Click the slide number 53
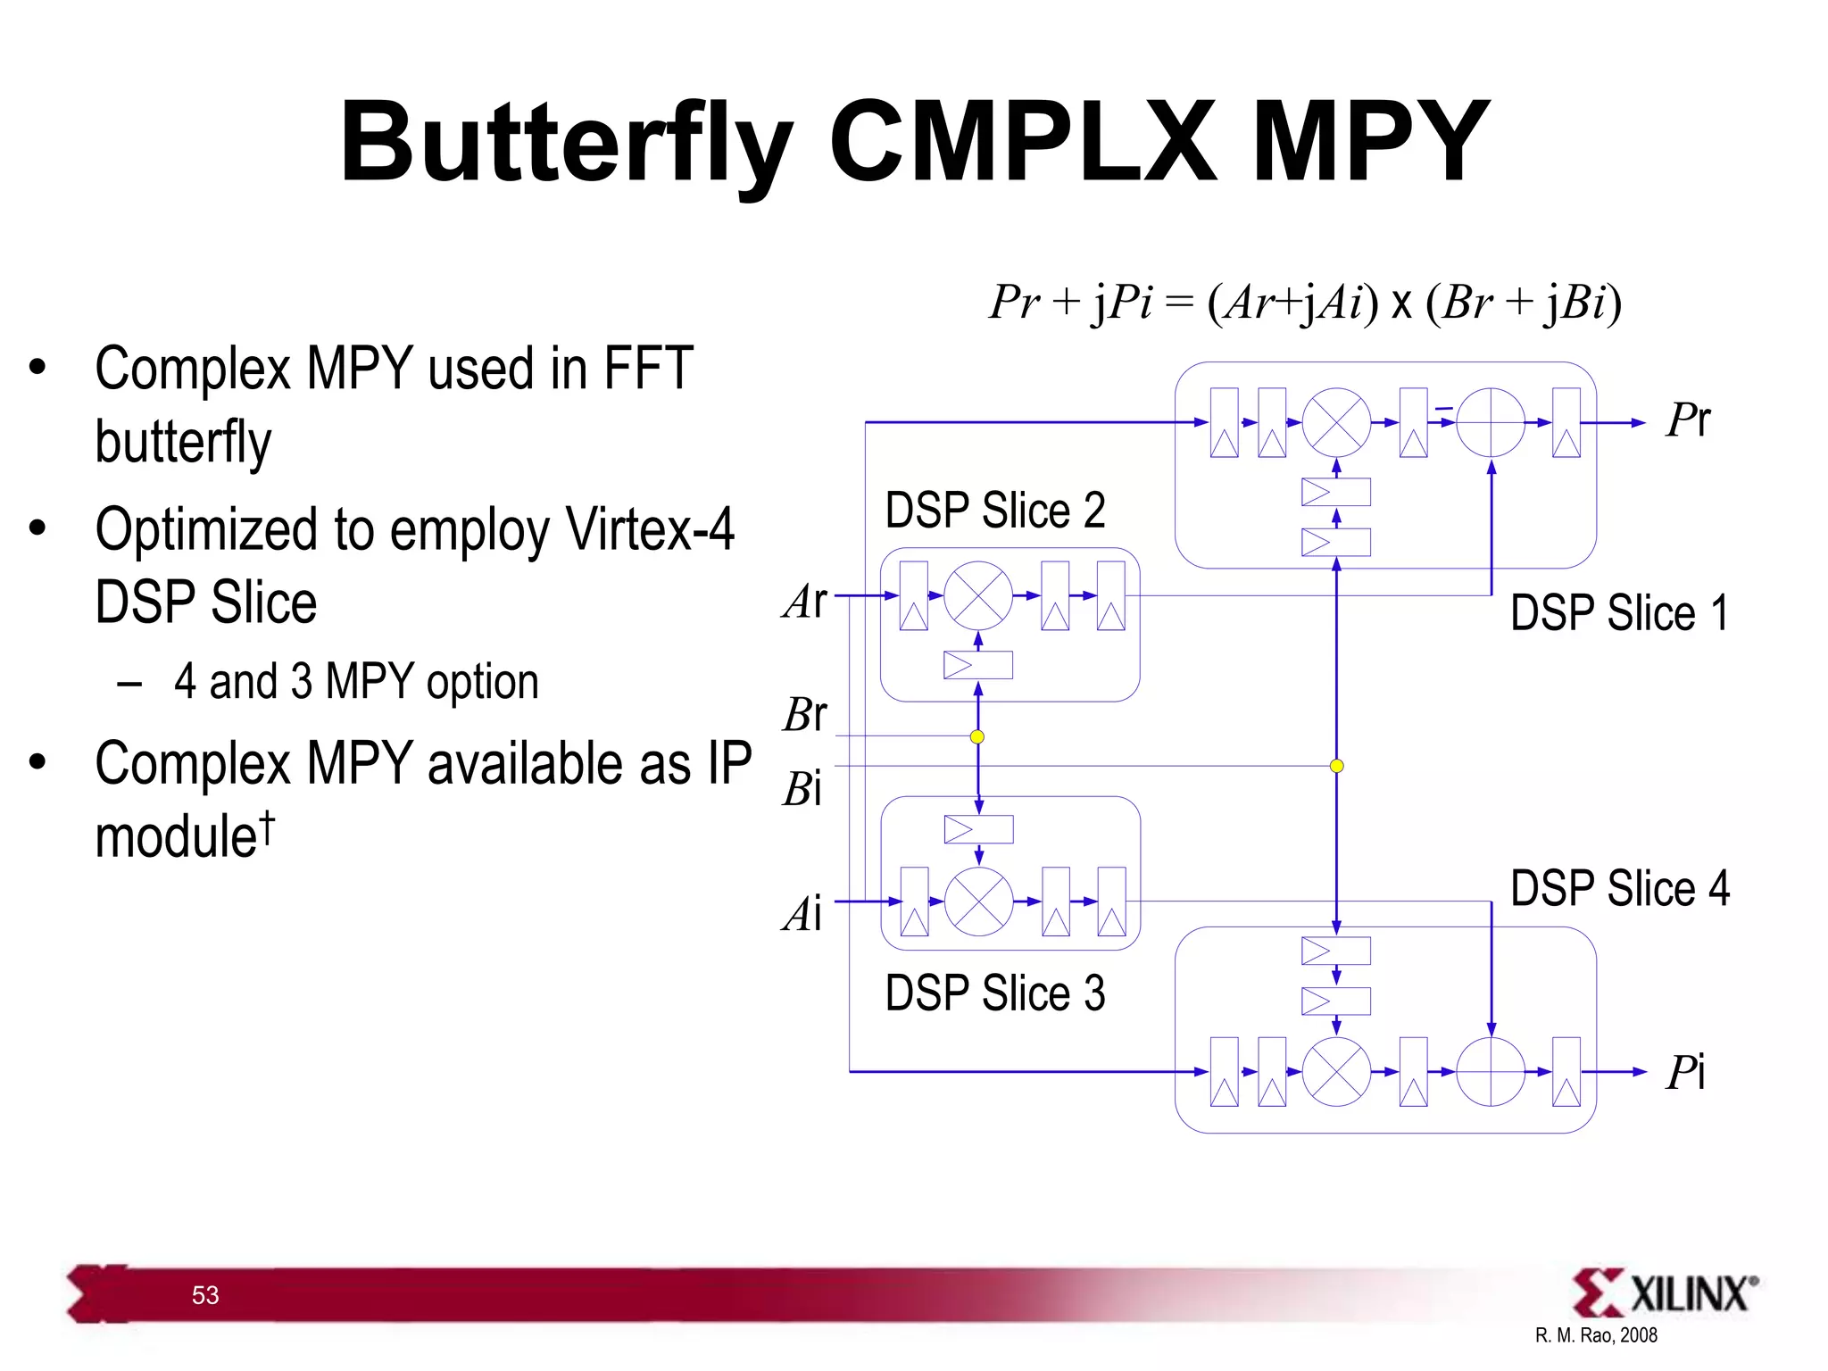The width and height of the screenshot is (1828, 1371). tap(205, 1295)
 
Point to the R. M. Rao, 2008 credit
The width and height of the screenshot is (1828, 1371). tap(1596, 1335)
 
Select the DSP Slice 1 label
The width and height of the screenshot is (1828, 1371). tap(1619, 613)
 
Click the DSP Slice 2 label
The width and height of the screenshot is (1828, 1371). tap(995, 511)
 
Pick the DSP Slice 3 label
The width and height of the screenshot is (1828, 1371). tap(995, 993)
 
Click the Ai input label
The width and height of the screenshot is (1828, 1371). tap(802, 914)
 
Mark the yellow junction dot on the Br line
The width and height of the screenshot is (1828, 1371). tap(977, 736)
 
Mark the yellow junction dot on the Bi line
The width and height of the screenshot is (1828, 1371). tap(1336, 766)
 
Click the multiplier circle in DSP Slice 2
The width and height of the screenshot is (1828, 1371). tap(978, 595)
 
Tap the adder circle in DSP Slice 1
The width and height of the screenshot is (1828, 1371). tap(1491, 422)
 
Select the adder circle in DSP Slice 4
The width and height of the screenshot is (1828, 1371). tap(1491, 1071)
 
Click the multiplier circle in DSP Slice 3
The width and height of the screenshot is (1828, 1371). tap(979, 902)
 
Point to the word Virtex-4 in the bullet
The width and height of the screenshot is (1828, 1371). tap(651, 529)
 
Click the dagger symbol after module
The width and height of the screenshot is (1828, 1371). tap(267, 827)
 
